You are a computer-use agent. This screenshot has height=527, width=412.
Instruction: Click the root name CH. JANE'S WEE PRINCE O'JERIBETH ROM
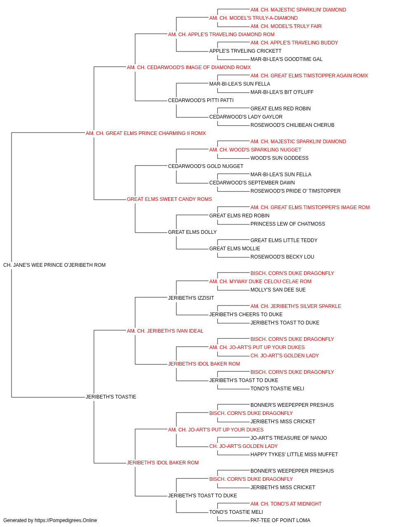pos(54,265)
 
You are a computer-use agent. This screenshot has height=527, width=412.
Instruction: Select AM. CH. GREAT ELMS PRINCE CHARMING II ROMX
pos(145,133)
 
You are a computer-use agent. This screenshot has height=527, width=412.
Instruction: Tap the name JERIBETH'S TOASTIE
pos(111,397)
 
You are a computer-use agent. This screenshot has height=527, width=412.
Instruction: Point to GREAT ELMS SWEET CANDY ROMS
pos(169,199)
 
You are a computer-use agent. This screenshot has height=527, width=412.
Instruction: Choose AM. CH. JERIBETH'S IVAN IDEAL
pos(165,331)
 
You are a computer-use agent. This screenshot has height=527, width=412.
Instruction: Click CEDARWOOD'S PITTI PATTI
pos(201,100)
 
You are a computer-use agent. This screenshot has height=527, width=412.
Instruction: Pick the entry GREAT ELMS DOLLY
pos(192,232)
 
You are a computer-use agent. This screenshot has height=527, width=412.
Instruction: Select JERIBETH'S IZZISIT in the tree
pos(191,298)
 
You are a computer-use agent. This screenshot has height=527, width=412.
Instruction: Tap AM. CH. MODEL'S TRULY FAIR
pos(286,26)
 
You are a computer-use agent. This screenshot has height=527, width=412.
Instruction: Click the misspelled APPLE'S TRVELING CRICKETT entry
pos(245,51)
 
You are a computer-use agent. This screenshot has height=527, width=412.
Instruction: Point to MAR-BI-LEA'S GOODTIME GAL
pos(286,59)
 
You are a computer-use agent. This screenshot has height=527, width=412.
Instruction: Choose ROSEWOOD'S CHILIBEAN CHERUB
pos(293,125)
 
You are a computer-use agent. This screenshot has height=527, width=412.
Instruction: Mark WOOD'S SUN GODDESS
pos(279,158)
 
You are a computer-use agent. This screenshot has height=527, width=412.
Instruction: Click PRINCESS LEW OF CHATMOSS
pos(288,224)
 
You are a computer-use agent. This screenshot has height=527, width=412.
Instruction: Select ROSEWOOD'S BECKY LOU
pos(282,257)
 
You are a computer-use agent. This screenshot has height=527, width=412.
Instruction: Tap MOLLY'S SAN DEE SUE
pos(278,290)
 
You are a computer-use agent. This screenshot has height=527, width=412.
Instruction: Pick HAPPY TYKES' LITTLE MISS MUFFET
pos(294,455)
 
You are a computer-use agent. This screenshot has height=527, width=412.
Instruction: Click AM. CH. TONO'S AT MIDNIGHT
pos(286,504)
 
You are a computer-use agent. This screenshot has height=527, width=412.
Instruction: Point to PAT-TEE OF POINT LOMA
pos(280,520)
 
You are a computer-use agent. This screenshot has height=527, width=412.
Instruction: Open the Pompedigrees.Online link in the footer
pos(66,520)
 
